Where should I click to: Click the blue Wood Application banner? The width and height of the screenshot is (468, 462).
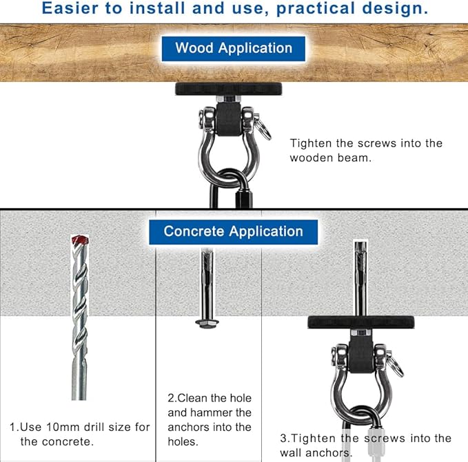tap(234, 49)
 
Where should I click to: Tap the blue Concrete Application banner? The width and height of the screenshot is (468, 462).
tap(234, 232)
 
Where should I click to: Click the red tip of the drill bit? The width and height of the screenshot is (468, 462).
tap(80, 240)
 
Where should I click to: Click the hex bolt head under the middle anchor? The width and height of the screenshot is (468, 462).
tap(207, 323)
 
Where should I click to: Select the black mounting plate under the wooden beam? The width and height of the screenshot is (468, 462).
tap(229, 89)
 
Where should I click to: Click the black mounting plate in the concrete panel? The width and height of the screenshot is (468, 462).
tap(361, 322)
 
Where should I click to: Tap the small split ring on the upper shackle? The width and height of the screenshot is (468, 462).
tap(264, 129)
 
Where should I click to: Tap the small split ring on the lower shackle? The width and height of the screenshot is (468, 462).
tap(396, 366)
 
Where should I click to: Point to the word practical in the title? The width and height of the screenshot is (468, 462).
tap(316, 9)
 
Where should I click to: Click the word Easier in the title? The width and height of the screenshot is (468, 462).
tap(70, 8)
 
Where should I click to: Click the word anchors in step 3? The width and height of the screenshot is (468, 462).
tap(329, 453)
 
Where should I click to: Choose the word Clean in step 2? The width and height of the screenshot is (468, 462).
tap(193, 398)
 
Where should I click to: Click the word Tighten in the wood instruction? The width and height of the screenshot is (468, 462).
tap(311, 144)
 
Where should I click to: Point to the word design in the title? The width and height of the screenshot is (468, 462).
tap(395, 9)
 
